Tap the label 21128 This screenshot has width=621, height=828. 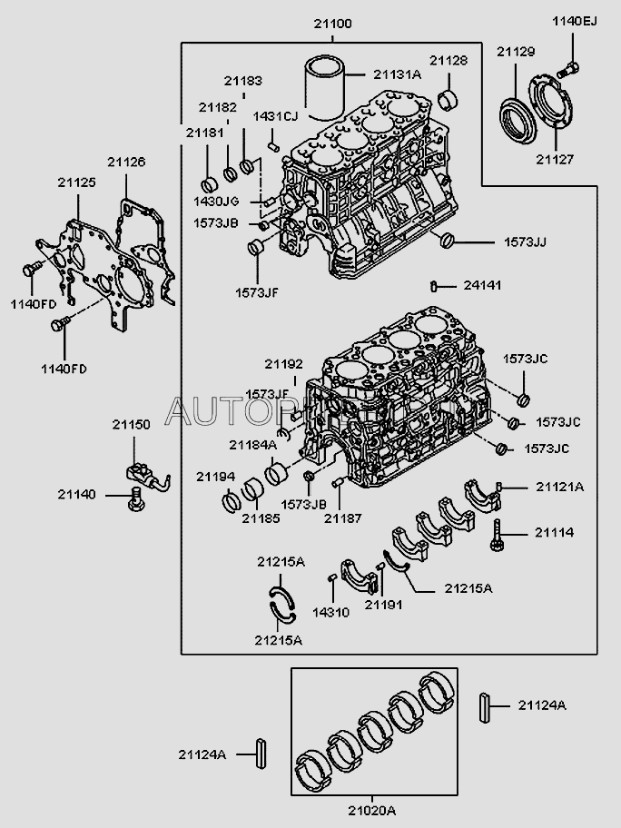pyautogui.click(x=448, y=61)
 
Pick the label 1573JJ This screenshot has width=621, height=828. pyautogui.click(x=526, y=242)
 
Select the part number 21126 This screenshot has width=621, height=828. pyautogui.click(x=126, y=162)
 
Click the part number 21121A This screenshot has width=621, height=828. pyautogui.click(x=559, y=488)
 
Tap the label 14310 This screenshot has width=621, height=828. pyautogui.click(x=330, y=613)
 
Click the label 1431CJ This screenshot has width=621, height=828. pyautogui.click(x=275, y=116)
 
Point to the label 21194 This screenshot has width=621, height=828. pyautogui.click(x=215, y=476)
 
